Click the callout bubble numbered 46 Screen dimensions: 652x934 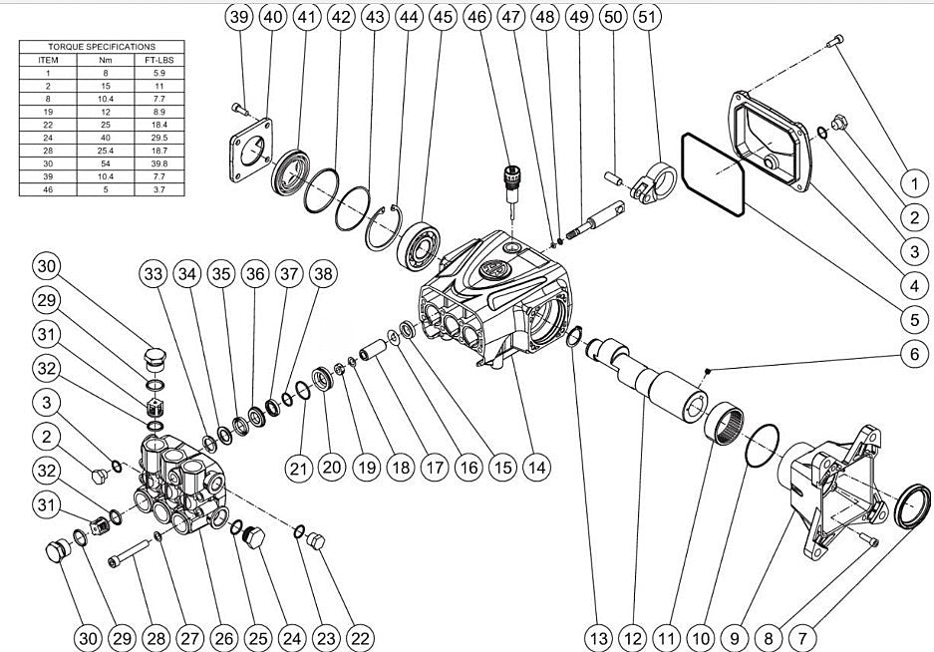[477, 17]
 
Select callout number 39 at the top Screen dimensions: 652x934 [239, 17]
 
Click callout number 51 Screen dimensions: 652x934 [647, 17]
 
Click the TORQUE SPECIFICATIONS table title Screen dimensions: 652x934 [103, 47]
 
